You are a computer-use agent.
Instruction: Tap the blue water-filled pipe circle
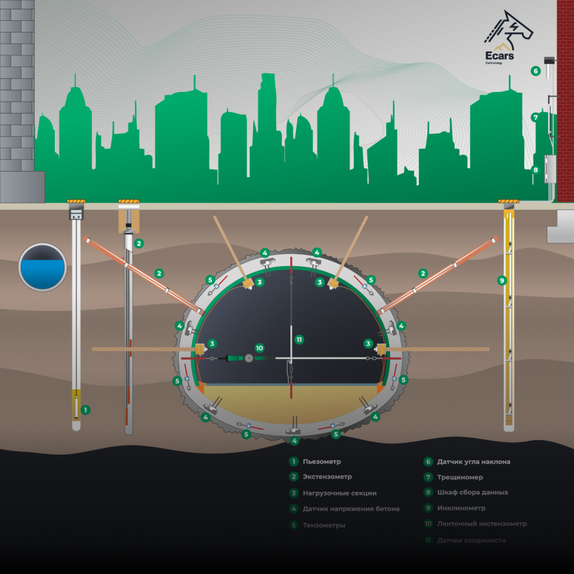click(42, 267)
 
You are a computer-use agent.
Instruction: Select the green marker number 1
click(85, 410)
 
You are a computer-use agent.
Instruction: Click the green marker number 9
click(502, 280)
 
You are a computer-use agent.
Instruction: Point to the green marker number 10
click(259, 348)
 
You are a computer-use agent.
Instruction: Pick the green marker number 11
click(299, 339)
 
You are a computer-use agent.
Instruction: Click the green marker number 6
click(536, 71)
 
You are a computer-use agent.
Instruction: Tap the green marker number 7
click(535, 118)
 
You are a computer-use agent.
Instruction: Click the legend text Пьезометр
click(322, 461)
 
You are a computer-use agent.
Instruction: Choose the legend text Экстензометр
click(327, 477)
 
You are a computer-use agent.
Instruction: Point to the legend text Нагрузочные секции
click(339, 492)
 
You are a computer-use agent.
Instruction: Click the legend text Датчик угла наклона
click(474, 461)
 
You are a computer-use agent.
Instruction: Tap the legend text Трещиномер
click(461, 477)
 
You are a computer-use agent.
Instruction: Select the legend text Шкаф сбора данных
click(472, 492)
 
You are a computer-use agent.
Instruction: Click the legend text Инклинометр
click(461, 508)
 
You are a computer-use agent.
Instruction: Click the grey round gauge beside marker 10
click(249, 357)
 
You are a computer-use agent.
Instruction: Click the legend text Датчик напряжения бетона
click(351, 508)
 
